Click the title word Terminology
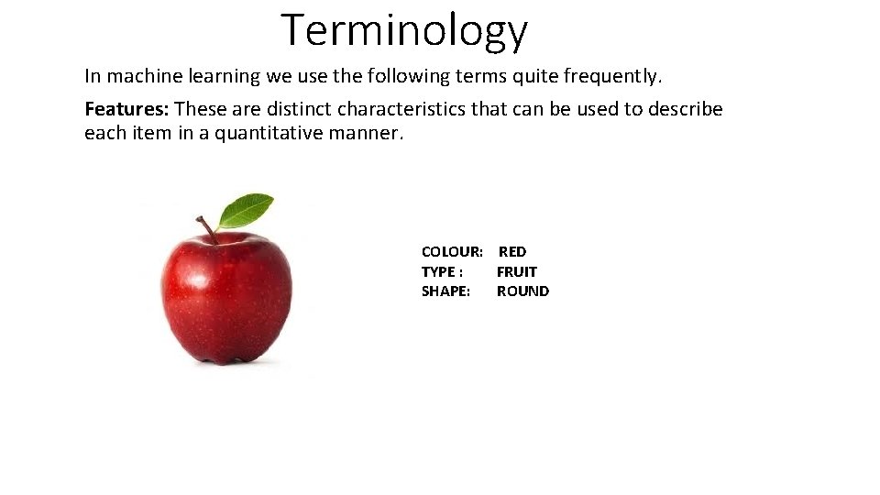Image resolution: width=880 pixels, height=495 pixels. pyautogui.click(x=404, y=30)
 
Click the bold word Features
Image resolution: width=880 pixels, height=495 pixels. pyautogui.click(x=126, y=109)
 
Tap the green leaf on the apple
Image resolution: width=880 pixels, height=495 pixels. pyautogui.click(x=247, y=210)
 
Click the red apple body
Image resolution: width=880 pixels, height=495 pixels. pyautogui.click(x=225, y=298)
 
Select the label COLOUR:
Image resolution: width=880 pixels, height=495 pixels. pyautogui.click(x=452, y=251)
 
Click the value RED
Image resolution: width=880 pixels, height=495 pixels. pyautogui.click(x=512, y=251)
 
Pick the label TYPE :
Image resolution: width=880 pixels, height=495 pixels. pyautogui.click(x=442, y=271)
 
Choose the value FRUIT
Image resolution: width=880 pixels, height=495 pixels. pyautogui.click(x=517, y=271)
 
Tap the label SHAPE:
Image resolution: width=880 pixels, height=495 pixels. pyautogui.click(x=445, y=291)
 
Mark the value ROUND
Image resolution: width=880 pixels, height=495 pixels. pyautogui.click(x=522, y=291)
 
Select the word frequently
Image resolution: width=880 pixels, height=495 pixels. pyautogui.click(x=611, y=75)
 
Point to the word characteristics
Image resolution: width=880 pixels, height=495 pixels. pyautogui.click(x=401, y=109)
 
